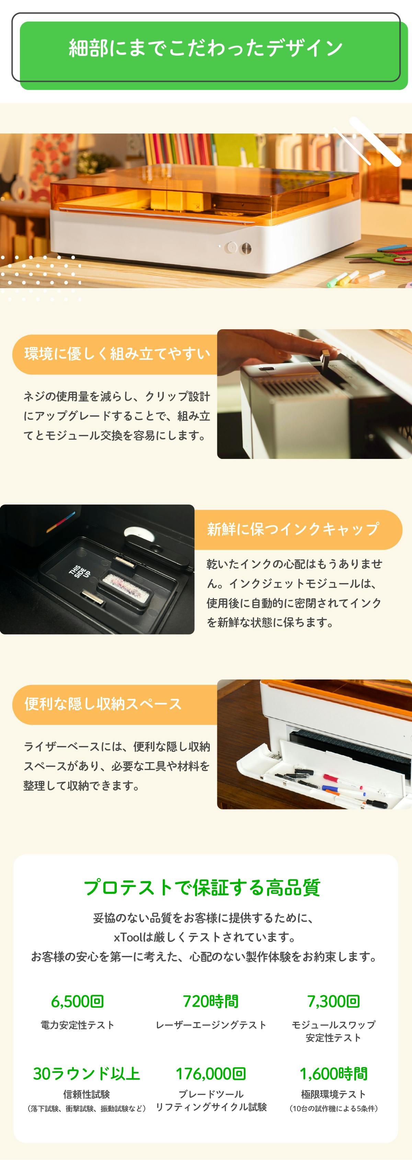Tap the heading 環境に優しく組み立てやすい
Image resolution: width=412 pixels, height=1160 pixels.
pyautogui.click(x=117, y=354)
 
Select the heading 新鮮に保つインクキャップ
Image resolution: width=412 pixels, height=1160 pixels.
pyautogui.click(x=293, y=529)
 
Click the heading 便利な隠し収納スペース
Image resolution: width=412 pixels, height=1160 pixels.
pyautogui.click(x=103, y=704)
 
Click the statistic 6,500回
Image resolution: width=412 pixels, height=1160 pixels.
pyautogui.click(x=78, y=1002)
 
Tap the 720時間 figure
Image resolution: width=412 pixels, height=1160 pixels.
pyautogui.click(x=210, y=1002)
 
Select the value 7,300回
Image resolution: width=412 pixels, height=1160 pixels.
pyautogui.click(x=334, y=1002)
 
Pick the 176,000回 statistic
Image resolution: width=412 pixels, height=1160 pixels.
pyautogui.click(x=210, y=1074)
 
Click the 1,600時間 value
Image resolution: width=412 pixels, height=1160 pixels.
pyautogui.click(x=334, y=1074)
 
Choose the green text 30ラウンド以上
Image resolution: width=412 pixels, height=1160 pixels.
pyautogui.click(x=87, y=1074)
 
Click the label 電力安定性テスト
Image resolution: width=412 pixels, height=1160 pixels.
pyautogui.click(x=78, y=1025)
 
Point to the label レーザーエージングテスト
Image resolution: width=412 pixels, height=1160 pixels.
pyautogui.click(x=211, y=1025)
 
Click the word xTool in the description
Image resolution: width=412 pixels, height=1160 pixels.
pyautogui.click(x=128, y=937)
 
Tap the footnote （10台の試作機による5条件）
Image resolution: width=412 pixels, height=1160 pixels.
pyautogui.click(x=334, y=1109)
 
